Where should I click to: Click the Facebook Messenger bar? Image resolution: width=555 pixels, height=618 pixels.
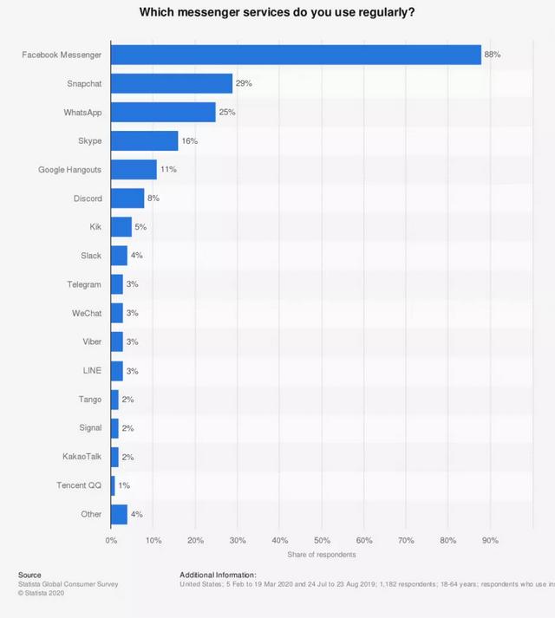[296, 55]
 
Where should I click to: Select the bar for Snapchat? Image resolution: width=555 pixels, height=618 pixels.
[172, 83]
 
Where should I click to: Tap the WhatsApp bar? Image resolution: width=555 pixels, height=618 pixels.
[163, 112]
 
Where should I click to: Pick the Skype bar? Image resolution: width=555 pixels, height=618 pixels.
[144, 140]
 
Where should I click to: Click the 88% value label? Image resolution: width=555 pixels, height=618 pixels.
[493, 55]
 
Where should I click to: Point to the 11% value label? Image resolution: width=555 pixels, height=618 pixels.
[168, 169]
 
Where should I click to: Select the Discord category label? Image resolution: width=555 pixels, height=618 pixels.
[88, 198]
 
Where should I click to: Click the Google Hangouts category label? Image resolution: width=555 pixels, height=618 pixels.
[70, 169]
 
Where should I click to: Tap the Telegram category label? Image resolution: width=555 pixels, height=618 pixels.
[84, 284]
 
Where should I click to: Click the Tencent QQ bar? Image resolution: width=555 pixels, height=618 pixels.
[113, 485]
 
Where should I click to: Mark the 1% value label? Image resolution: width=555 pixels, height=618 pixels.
[124, 485]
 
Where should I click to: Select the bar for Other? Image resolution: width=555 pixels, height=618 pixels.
[119, 514]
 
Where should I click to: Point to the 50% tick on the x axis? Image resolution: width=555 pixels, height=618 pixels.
[322, 540]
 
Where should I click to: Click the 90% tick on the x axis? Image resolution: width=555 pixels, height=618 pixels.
[490, 540]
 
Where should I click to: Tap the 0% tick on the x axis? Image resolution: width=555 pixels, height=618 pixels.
[111, 540]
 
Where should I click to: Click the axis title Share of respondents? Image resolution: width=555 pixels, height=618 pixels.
[321, 555]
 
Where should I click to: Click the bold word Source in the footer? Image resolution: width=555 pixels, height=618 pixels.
[29, 575]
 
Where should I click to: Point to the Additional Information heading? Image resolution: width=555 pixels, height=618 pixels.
[218, 575]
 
